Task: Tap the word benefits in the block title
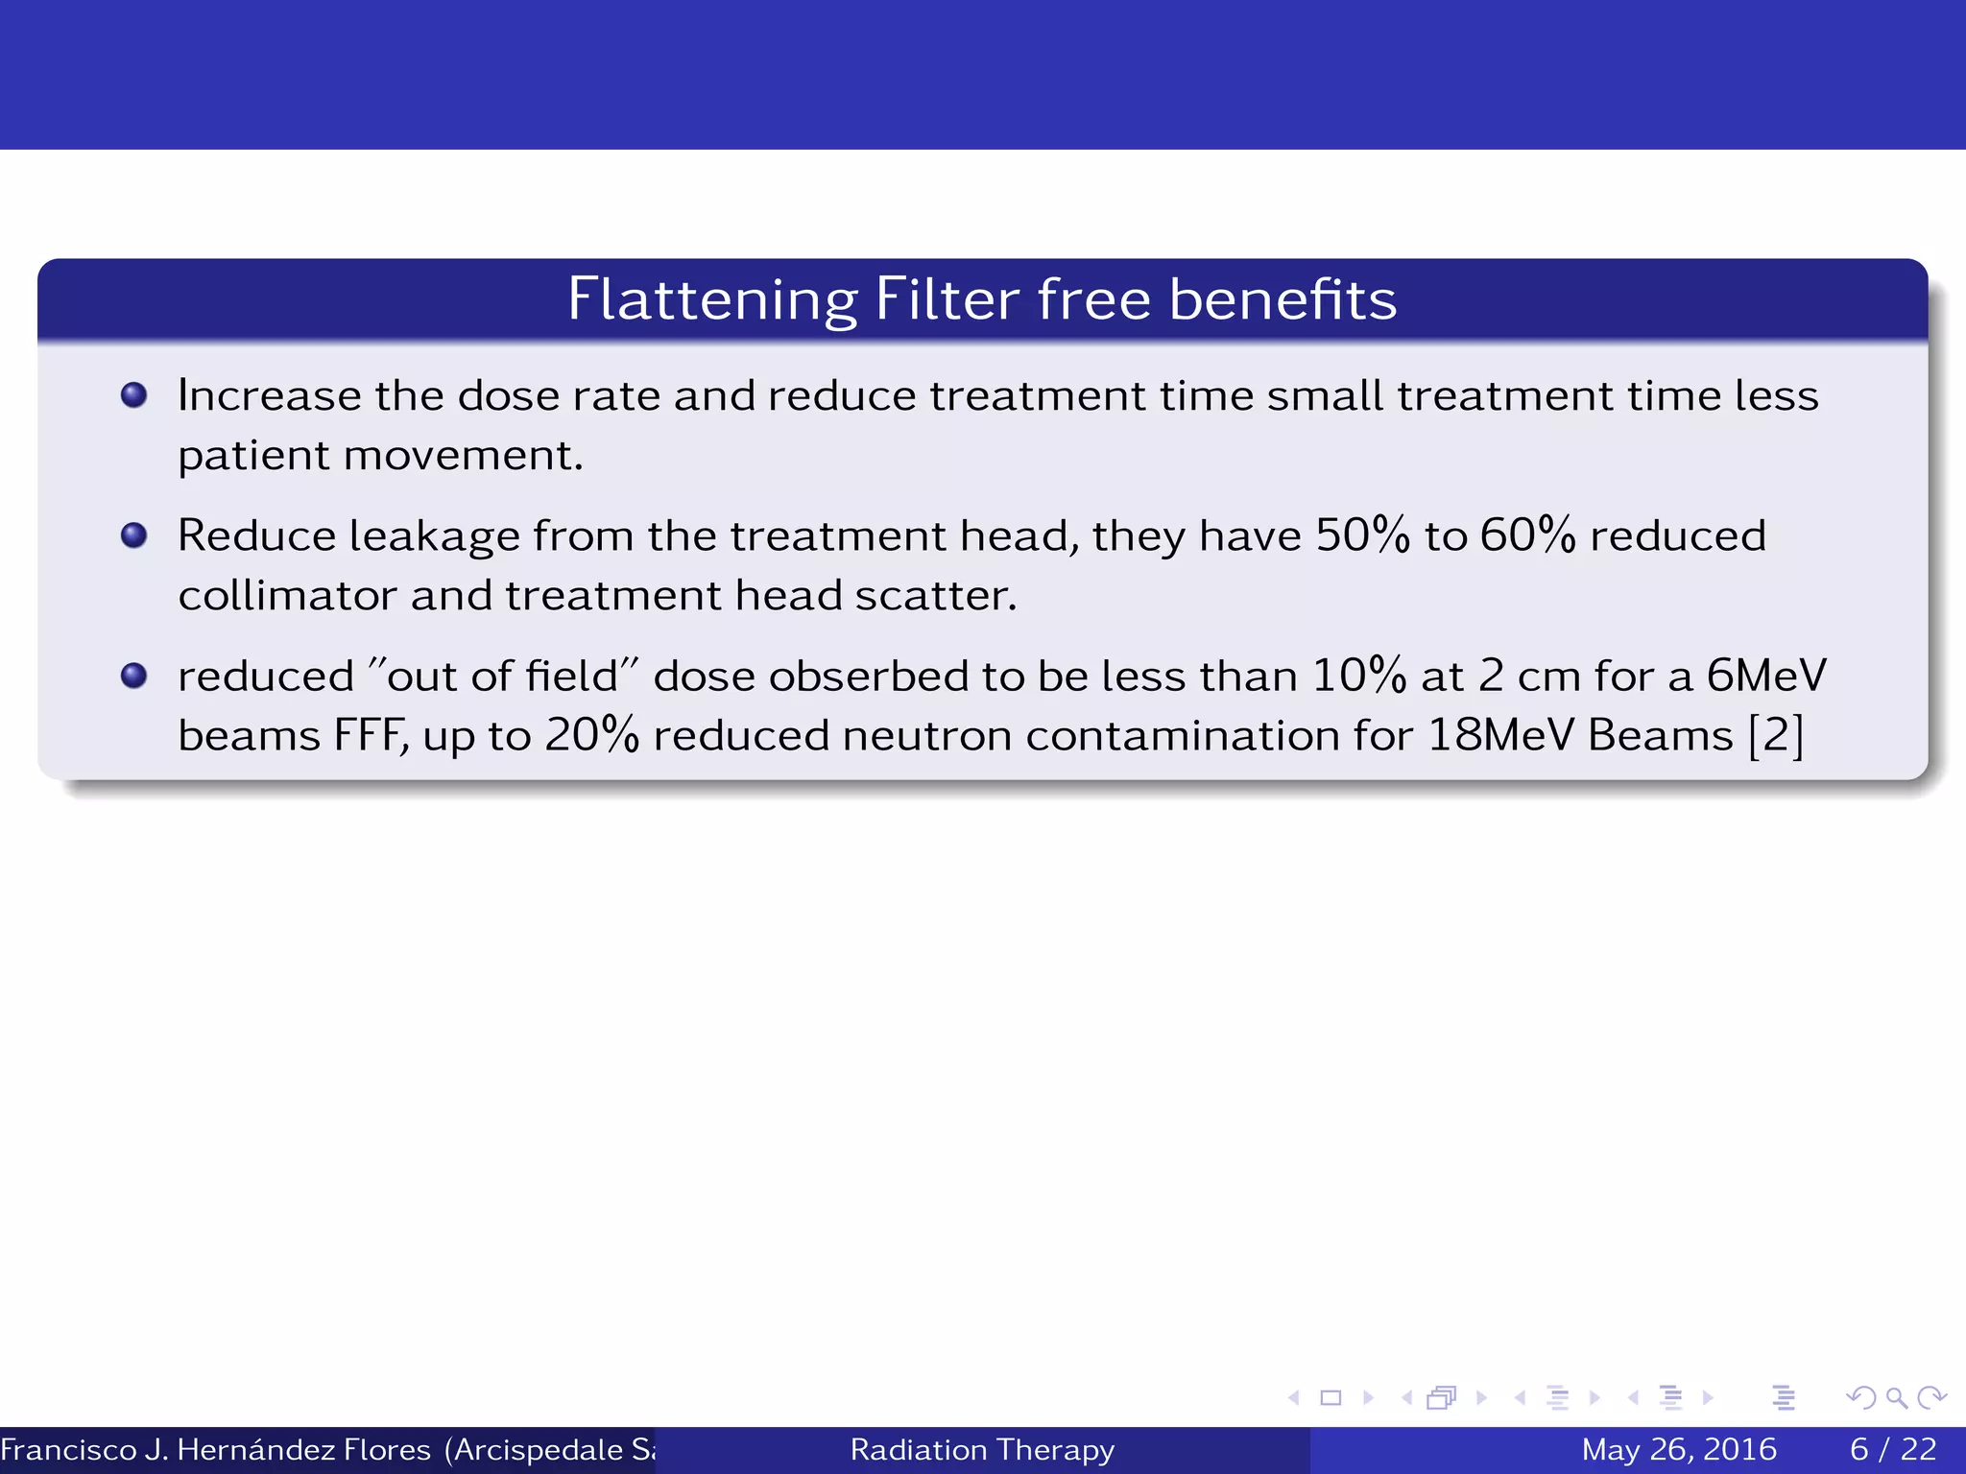pos(1283,299)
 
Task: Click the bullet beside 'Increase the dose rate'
pos(134,394)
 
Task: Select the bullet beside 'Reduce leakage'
pos(134,535)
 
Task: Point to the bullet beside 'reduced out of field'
pos(134,676)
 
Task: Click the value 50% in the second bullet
pos(1362,535)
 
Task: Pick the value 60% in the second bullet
pos(1527,535)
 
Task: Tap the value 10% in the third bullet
pos(1358,676)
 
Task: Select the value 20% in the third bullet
pos(592,736)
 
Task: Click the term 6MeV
pos(1765,676)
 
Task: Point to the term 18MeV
pos(1499,736)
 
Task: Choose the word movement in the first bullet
pos(463,456)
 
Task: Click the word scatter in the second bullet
pos(935,596)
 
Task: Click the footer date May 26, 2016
pos(1679,1449)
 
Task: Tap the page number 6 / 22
pos(1893,1449)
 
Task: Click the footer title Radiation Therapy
pos(982,1449)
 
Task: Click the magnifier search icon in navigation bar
pos(1896,1398)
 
